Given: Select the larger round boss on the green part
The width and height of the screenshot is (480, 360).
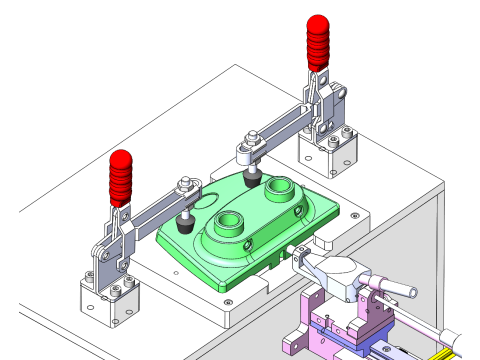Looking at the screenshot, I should click(x=231, y=223).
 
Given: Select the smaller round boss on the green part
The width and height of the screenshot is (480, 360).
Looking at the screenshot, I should click(x=278, y=186).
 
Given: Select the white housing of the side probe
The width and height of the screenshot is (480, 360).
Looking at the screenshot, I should click(x=335, y=271).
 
